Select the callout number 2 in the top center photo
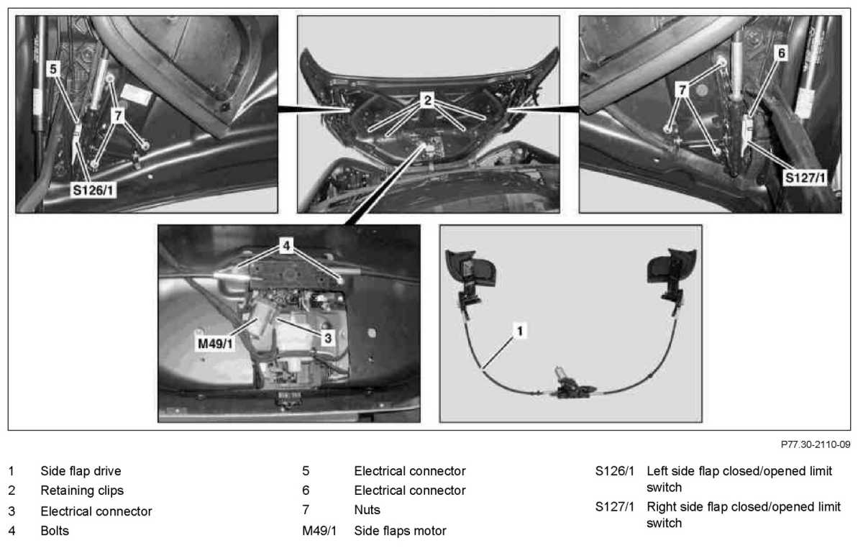(428, 101)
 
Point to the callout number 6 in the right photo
(782, 52)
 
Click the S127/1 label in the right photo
(805, 175)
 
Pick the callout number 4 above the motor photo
(286, 246)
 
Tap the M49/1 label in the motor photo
(216, 344)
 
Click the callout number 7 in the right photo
(682, 88)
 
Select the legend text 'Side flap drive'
(81, 471)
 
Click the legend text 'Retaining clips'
(82, 490)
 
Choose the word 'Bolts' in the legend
(55, 531)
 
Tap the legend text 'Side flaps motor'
(400, 531)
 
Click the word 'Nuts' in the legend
(367, 510)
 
